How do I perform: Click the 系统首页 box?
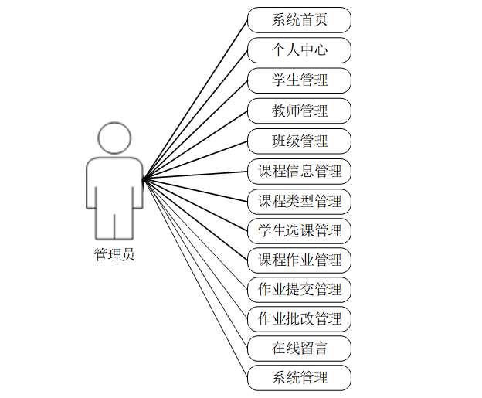[299, 20]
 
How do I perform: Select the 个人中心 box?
[299, 50]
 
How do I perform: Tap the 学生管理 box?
[299, 80]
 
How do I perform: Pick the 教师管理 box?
[299, 111]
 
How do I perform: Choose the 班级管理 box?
[299, 141]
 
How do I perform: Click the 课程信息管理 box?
[299, 171]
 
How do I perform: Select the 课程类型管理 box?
[299, 201]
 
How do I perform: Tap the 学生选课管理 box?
[299, 230]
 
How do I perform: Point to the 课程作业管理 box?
[299, 260]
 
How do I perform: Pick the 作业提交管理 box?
[299, 290]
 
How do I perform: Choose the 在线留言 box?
[299, 349]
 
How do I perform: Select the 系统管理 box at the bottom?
[299, 378]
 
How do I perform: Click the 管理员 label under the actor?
[114, 254]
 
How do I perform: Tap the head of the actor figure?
[114, 138]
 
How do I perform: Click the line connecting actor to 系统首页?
[195, 99]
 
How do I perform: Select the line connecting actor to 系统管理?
[195, 278]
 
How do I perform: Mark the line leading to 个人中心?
[195, 114]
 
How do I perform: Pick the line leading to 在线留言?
[195, 264]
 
